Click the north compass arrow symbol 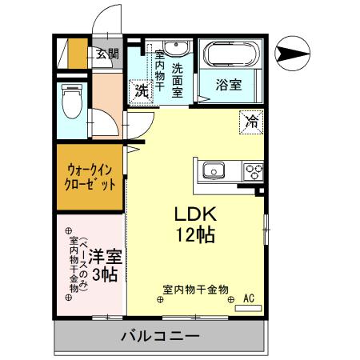coord(293,54)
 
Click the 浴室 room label coord(230,83)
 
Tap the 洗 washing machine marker coord(140,92)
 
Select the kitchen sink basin coord(215,170)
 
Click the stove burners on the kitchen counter coord(254,170)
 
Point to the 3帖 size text coord(105,276)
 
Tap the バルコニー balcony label coord(160,335)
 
